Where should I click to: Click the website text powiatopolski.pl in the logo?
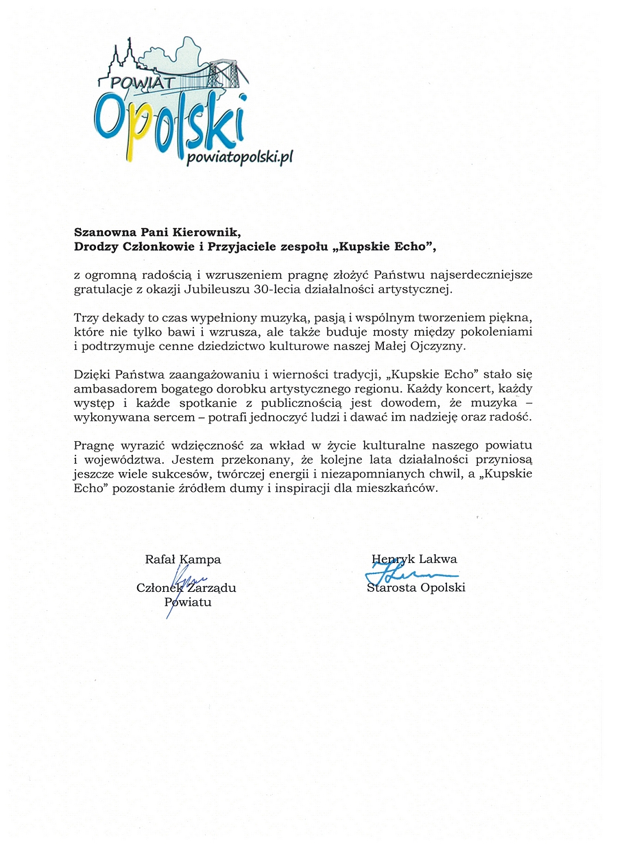(x=240, y=157)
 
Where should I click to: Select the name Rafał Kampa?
(x=183, y=559)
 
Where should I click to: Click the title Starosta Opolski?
(x=416, y=587)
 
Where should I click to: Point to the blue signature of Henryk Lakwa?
(x=411, y=572)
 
